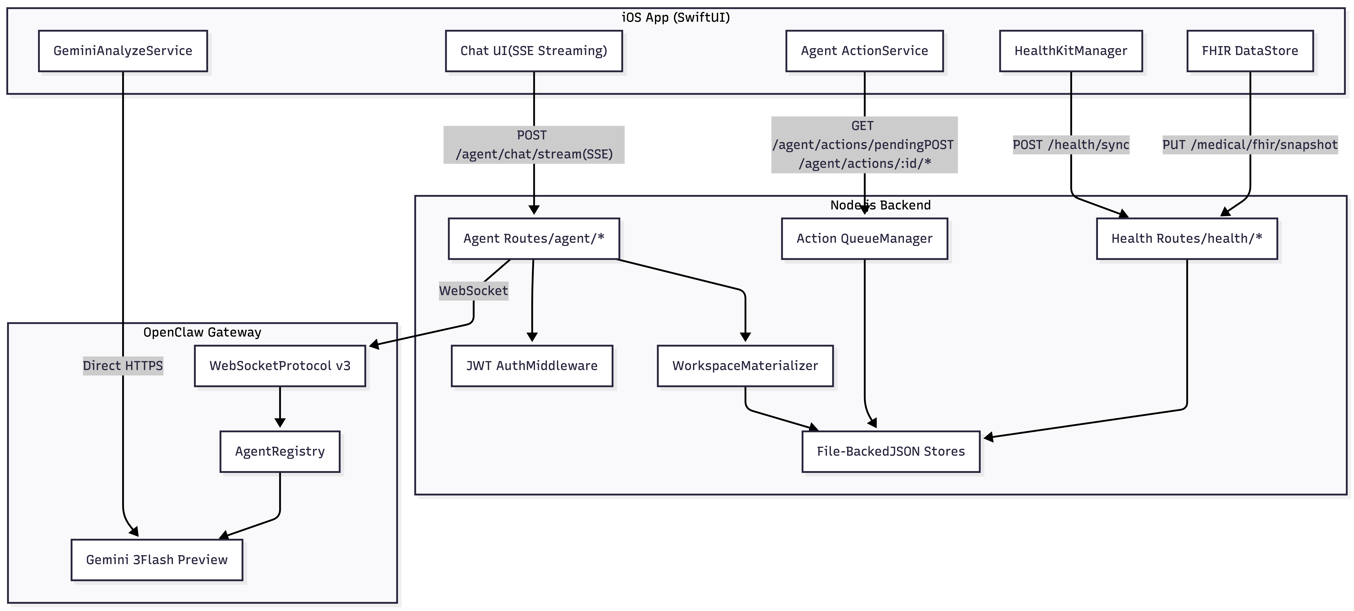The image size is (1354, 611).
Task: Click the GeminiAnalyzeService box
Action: pyautogui.click(x=123, y=51)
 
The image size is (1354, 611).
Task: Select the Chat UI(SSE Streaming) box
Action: pyautogui.click(x=534, y=51)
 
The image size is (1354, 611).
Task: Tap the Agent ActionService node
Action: pyautogui.click(x=865, y=51)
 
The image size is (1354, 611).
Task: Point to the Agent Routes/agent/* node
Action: pyautogui.click(x=534, y=238)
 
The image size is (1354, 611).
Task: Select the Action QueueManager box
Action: pyautogui.click(x=865, y=238)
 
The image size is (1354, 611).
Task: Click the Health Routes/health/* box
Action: pyautogui.click(x=1187, y=238)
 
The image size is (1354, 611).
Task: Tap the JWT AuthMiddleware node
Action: pyautogui.click(x=532, y=366)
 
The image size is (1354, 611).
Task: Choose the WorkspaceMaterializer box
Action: pyautogui.click(x=745, y=366)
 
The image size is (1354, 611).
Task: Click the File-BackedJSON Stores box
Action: pyautogui.click(x=891, y=451)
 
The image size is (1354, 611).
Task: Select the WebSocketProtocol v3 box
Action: pyautogui.click(x=280, y=366)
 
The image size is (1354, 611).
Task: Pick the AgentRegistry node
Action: pyautogui.click(x=280, y=451)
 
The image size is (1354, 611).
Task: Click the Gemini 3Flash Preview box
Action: pyautogui.click(x=157, y=560)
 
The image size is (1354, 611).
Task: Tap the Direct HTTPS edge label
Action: pyautogui.click(x=123, y=366)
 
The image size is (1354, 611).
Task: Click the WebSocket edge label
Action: pyautogui.click(x=474, y=291)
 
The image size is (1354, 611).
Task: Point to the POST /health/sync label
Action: pyautogui.click(x=1071, y=144)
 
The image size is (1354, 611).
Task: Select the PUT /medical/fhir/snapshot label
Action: pyautogui.click(x=1250, y=144)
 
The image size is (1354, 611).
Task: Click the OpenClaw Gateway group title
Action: pyautogui.click(x=202, y=332)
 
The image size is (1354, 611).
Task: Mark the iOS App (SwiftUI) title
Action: pyautogui.click(x=676, y=17)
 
